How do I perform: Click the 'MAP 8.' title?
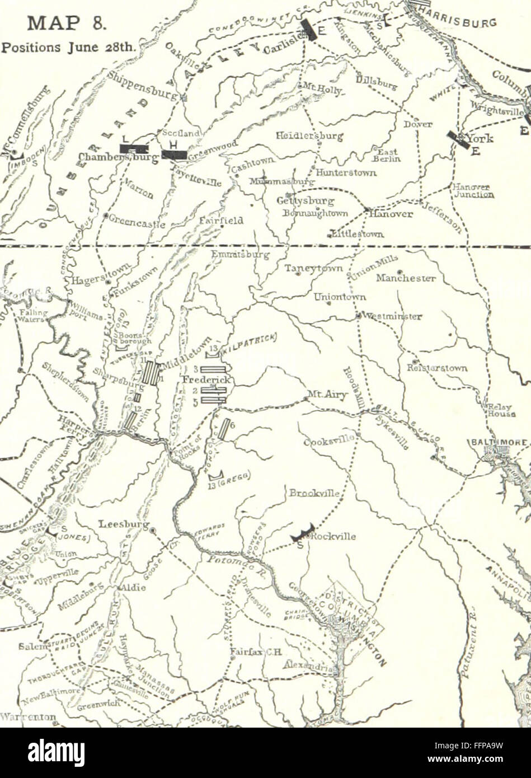(x=67, y=24)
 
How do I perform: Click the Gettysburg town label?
(x=306, y=201)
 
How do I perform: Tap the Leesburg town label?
(x=124, y=524)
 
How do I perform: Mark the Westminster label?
(x=392, y=316)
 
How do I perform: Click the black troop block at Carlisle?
(x=308, y=30)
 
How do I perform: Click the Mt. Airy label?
(x=327, y=395)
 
